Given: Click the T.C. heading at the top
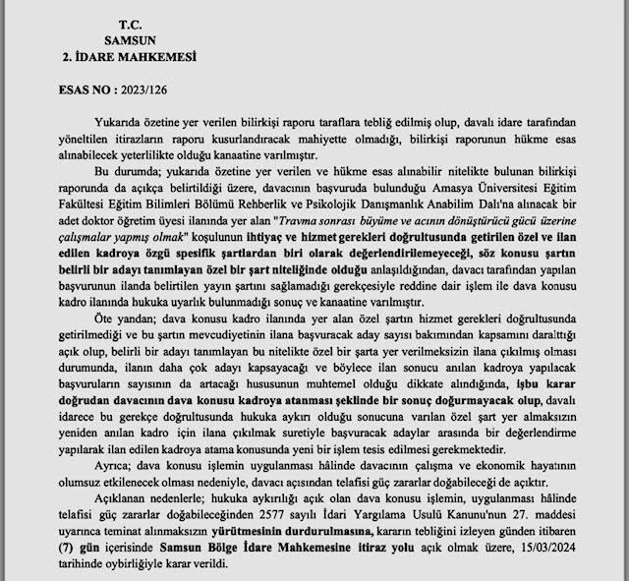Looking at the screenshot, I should coord(130,23).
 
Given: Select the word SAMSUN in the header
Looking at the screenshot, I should coord(129,40).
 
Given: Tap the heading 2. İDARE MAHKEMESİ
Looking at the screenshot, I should coord(128,58).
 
